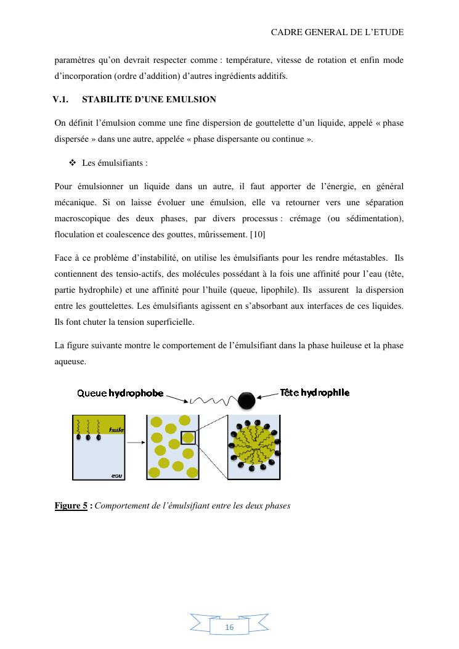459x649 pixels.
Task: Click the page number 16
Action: click(229, 627)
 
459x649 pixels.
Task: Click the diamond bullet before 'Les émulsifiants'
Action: click(72, 163)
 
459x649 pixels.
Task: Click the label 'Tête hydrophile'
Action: click(314, 392)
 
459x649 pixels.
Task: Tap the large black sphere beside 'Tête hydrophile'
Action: click(246, 400)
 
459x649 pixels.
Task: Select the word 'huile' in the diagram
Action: click(116, 430)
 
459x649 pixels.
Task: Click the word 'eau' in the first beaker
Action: click(116, 475)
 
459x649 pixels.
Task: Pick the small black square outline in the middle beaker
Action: click(189, 438)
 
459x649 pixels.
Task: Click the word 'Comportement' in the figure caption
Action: click(126, 506)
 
